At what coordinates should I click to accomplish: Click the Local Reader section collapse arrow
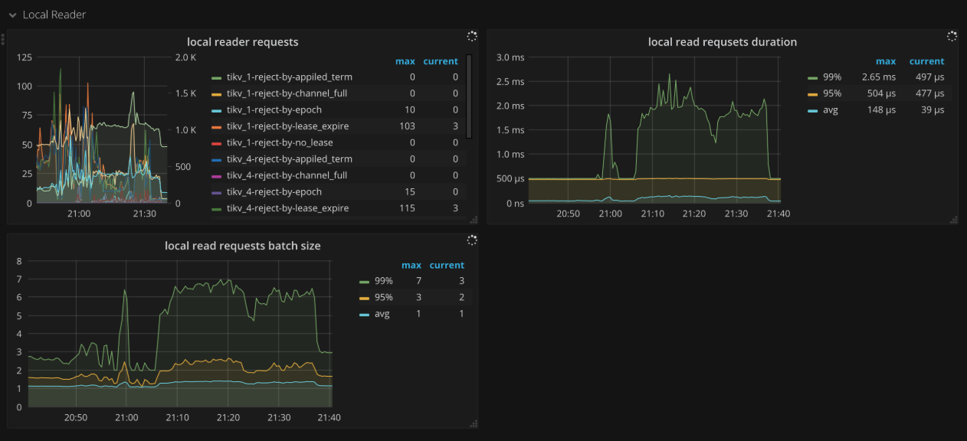tap(12, 15)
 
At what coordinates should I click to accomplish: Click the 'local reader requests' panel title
tap(242, 42)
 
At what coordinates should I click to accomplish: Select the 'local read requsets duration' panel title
tap(722, 42)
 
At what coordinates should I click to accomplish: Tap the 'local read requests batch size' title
tap(242, 246)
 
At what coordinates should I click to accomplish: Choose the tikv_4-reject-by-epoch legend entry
tap(274, 192)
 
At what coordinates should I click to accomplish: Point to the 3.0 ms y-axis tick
tap(510, 57)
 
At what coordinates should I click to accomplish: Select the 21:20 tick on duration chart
tap(694, 214)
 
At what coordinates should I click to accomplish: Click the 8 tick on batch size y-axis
tap(19, 261)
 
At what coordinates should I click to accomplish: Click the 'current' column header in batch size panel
tap(447, 266)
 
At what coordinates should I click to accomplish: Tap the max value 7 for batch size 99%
tap(418, 282)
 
